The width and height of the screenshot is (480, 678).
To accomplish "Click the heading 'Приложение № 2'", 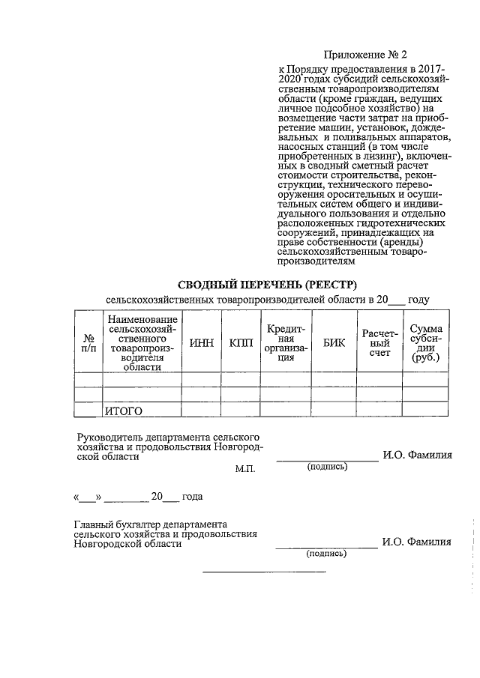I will point(364,55).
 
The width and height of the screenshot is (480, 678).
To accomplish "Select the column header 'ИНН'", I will point(202,342).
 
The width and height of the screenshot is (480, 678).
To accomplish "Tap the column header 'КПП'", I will point(241,342).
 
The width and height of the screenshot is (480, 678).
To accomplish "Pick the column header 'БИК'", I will point(334,342).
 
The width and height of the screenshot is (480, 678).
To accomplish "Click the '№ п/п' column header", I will point(88,342).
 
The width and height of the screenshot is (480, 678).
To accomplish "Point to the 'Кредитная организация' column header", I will point(286,342).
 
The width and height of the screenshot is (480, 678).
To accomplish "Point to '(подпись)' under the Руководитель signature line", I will point(327,467).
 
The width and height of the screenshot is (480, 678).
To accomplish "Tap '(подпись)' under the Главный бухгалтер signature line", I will point(327,554).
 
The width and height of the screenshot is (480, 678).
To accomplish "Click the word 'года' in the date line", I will point(192,496).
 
